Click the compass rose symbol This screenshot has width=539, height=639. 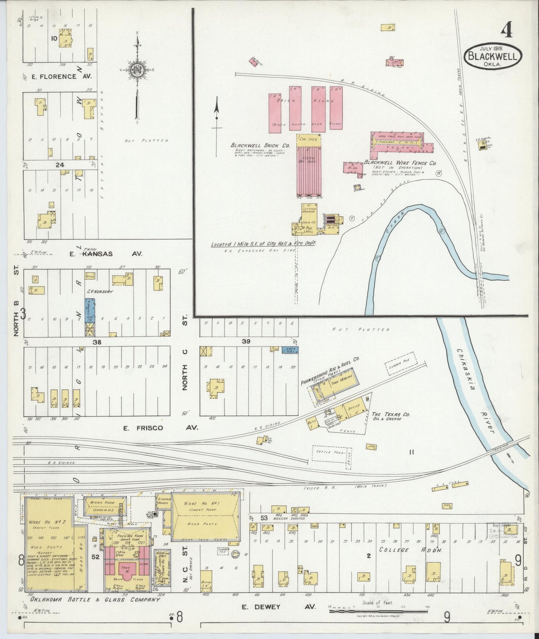[x=137, y=69]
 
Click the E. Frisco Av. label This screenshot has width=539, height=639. [x=160, y=428]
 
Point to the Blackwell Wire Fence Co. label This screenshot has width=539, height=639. [x=400, y=163]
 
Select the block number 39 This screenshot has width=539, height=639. [x=246, y=341]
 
